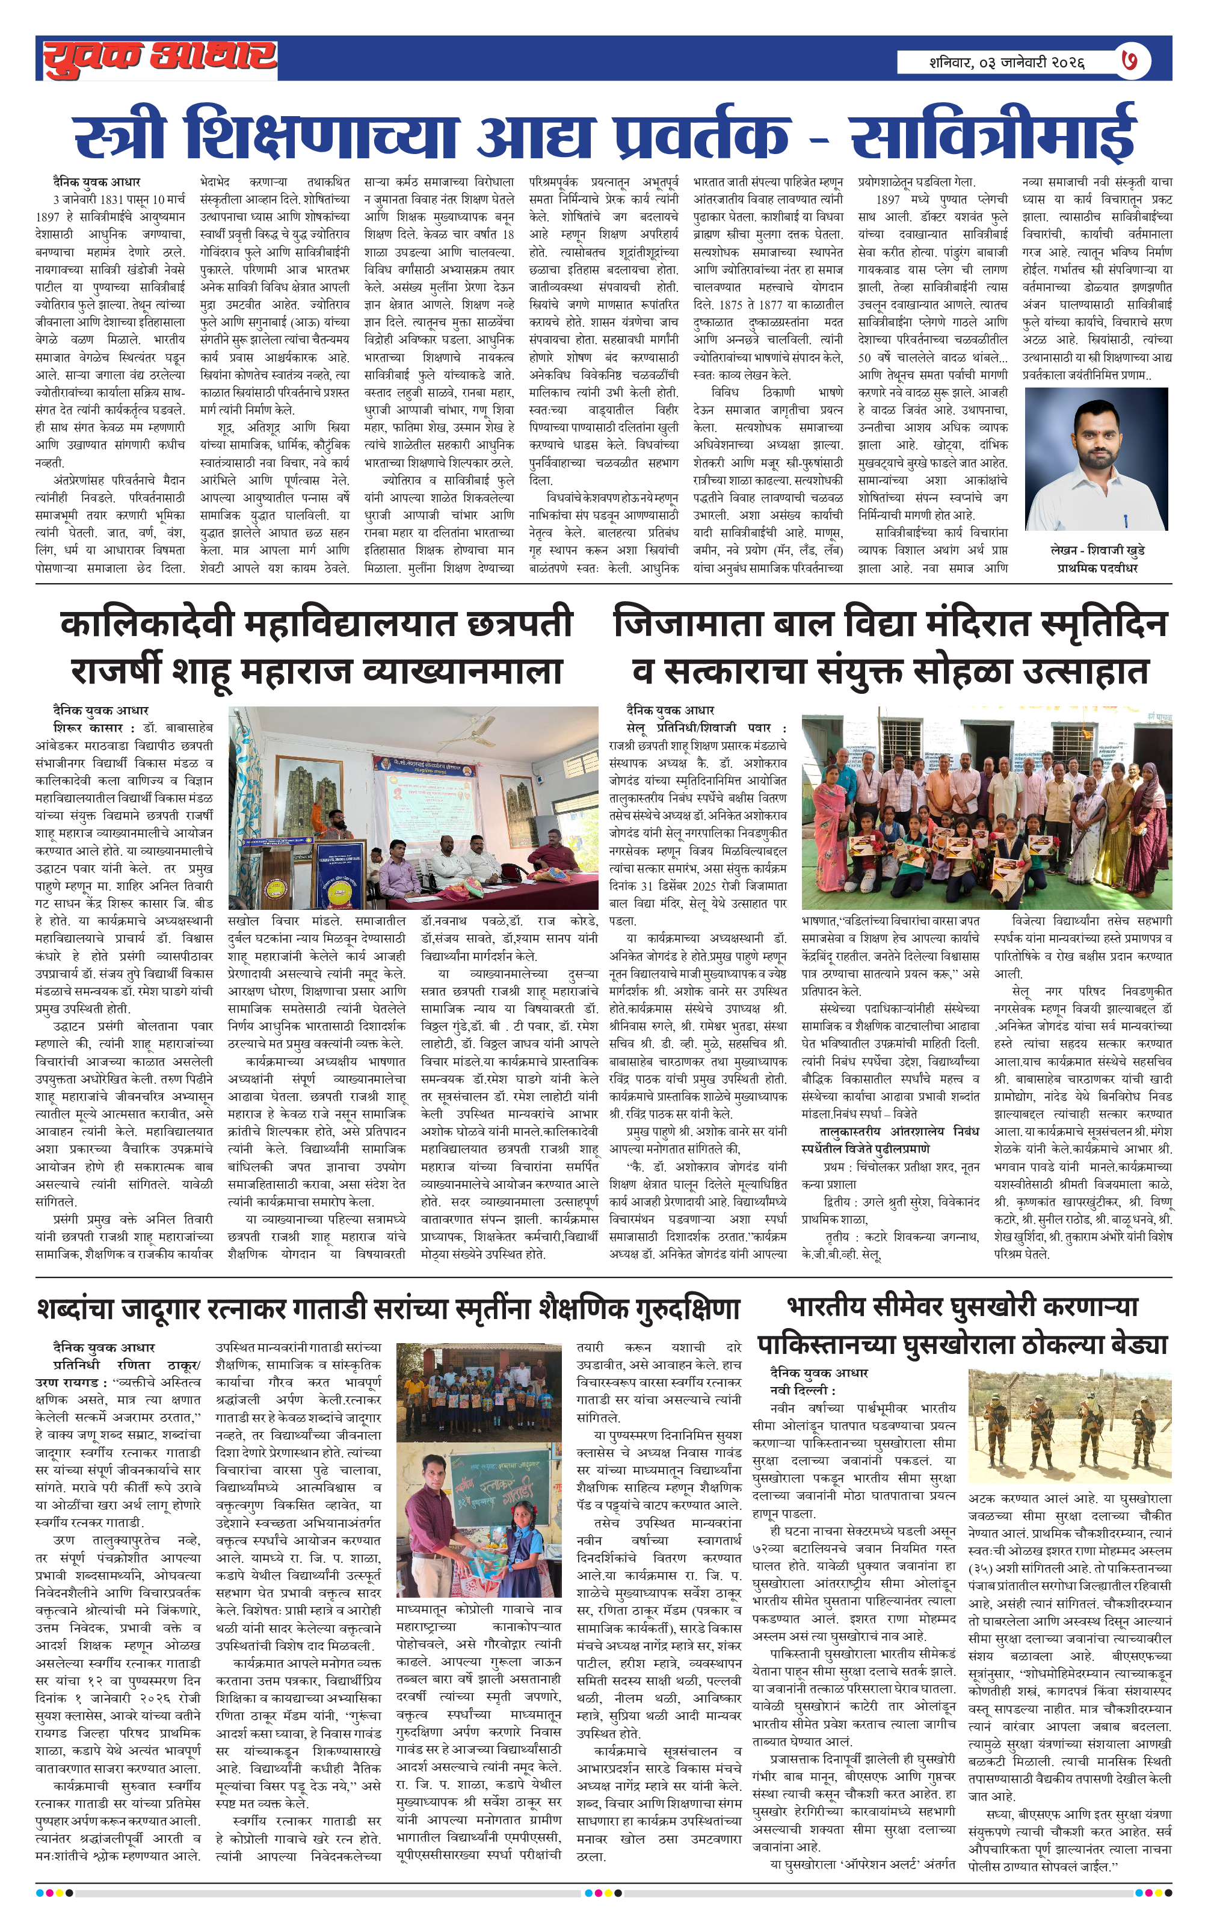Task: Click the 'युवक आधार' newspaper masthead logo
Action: [x=159, y=58]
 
